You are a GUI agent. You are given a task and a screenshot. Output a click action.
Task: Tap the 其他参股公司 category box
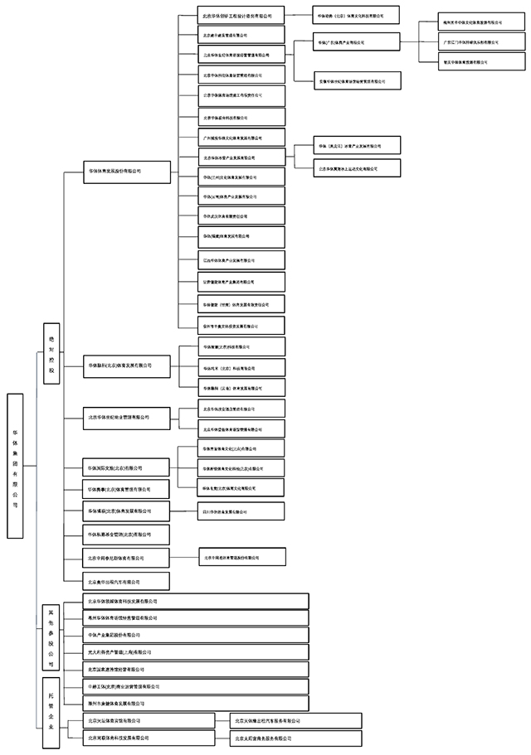pyautogui.click(x=51, y=636)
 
